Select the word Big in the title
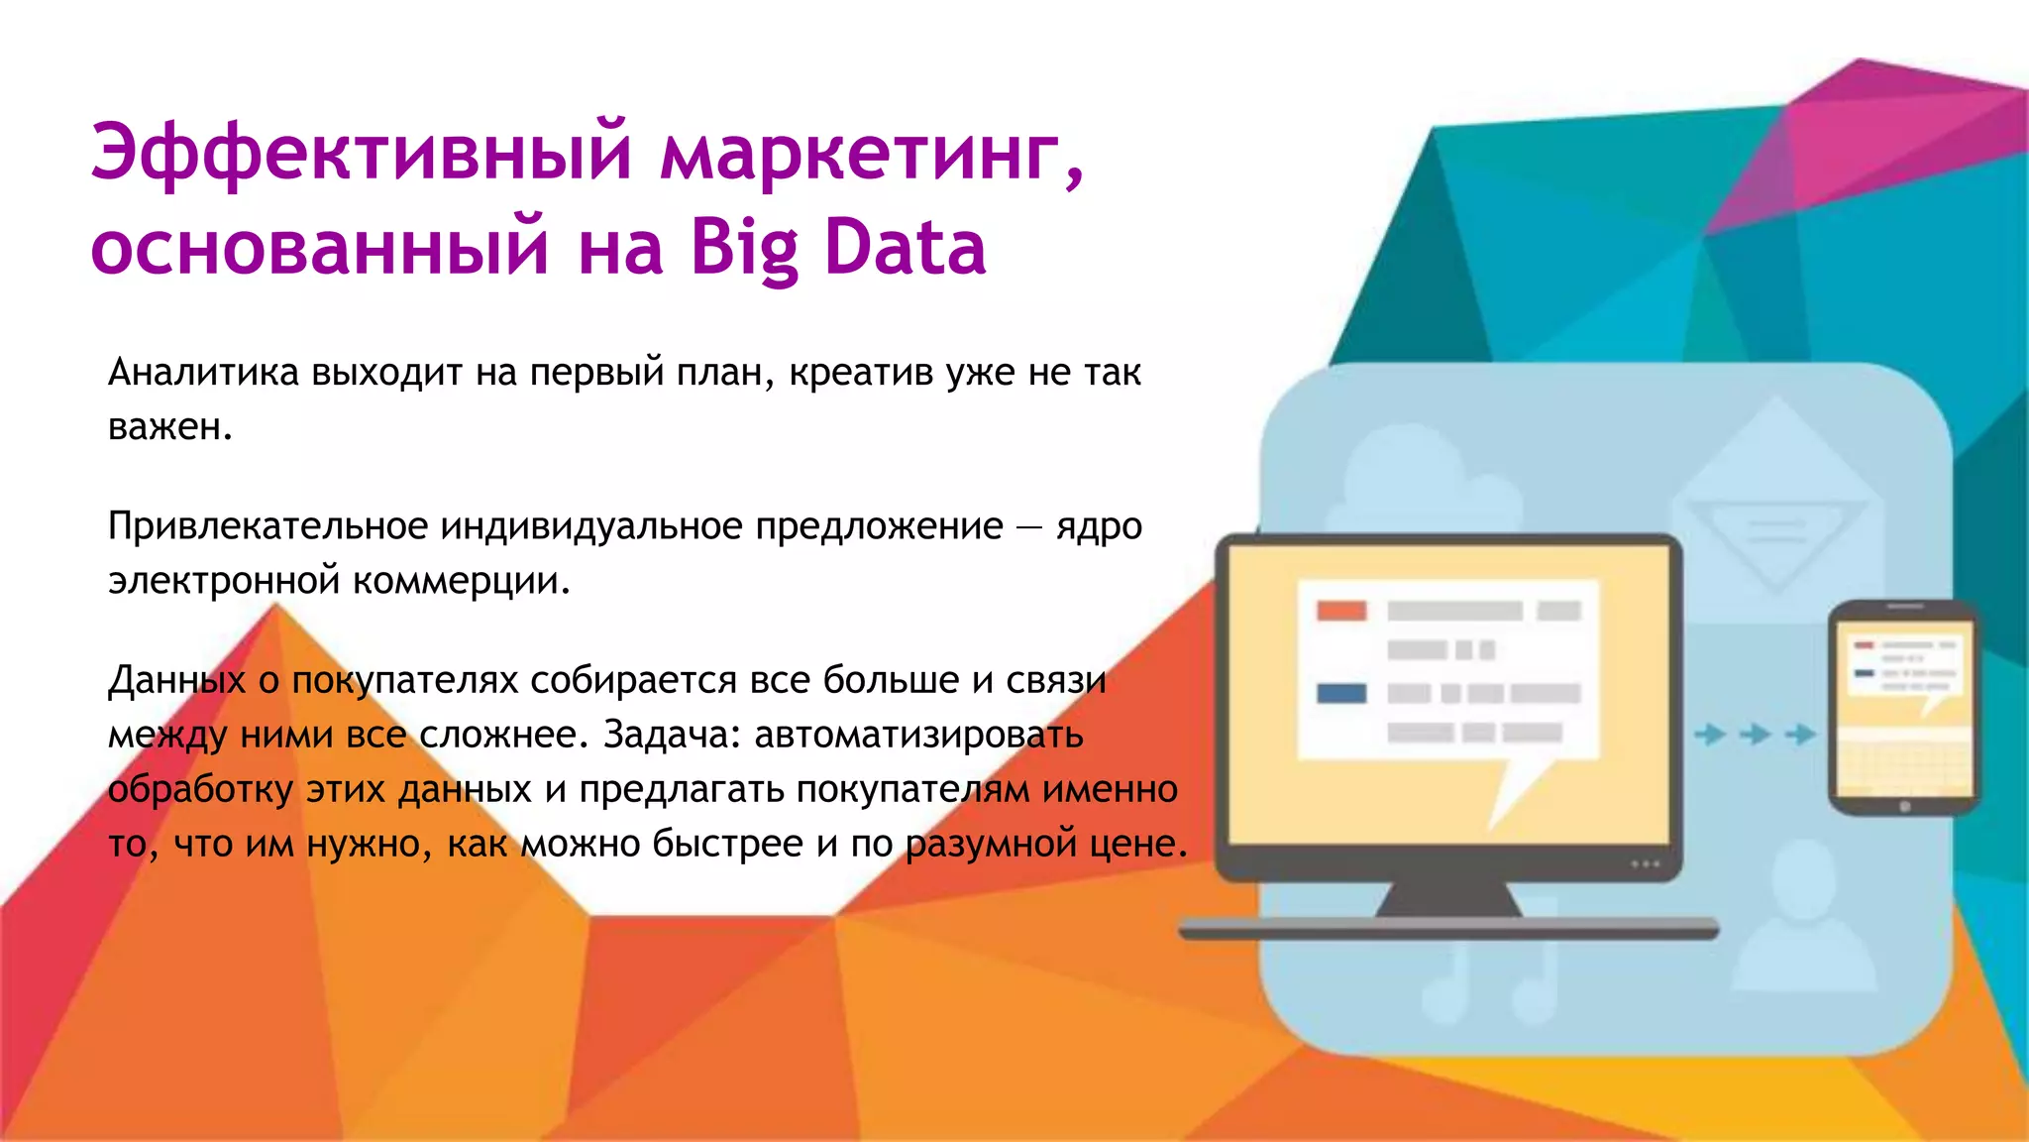744,249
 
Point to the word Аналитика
203,373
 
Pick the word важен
169,427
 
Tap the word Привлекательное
267,526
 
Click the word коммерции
461,581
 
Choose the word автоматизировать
918,735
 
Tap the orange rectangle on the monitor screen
1341,611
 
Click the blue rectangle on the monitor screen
1341,693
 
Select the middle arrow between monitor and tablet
1756,735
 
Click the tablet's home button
1904,807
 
